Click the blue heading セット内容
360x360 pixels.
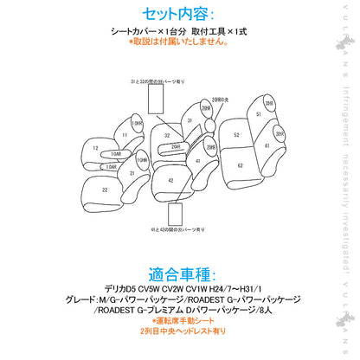[179, 14]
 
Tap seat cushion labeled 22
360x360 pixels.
[105, 189]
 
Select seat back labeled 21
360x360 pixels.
[132, 172]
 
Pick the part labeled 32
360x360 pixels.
[165, 137]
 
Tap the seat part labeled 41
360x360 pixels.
[198, 161]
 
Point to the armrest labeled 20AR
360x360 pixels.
[176, 147]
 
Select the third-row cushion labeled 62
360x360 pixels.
[239, 164]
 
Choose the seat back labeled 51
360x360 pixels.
[259, 114]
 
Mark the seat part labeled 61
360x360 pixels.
[267, 147]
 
